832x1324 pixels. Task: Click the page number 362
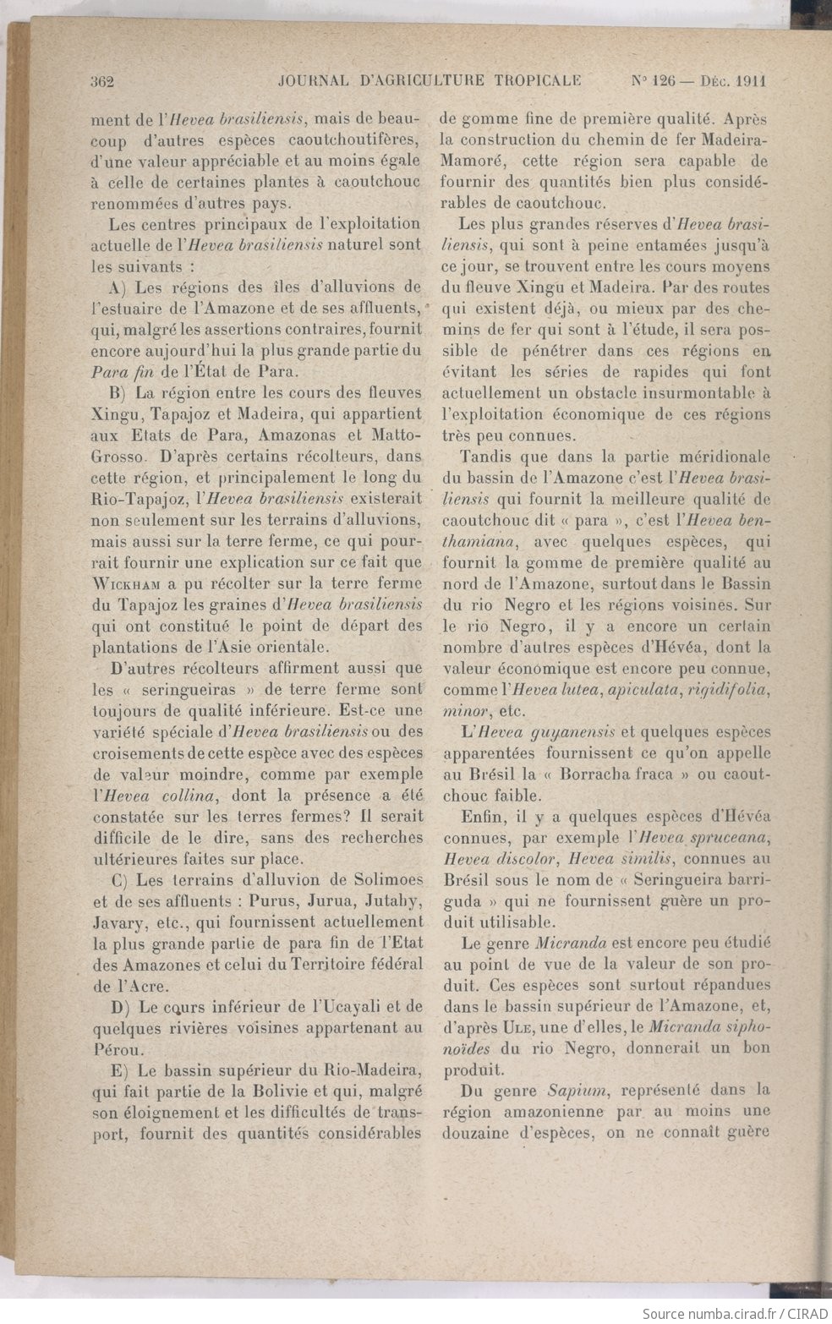click(x=101, y=81)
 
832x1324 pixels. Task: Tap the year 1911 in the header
click(x=751, y=81)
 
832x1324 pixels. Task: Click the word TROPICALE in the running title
click(x=534, y=81)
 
